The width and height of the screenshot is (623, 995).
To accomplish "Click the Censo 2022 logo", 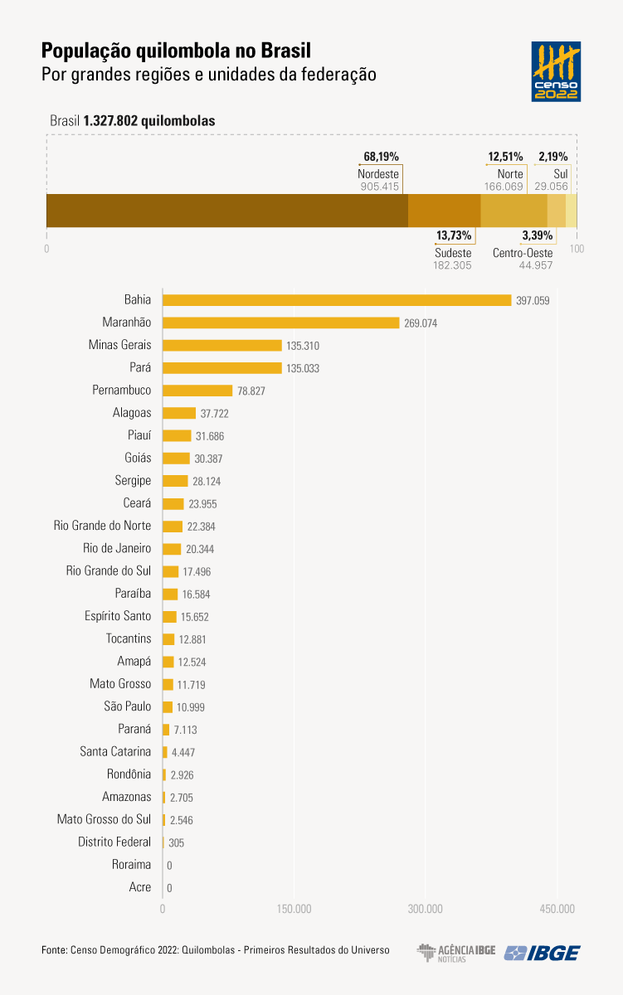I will click(556, 71).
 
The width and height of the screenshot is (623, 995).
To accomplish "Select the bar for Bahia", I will click(337, 300).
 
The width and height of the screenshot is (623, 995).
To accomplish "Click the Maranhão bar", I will click(281, 323).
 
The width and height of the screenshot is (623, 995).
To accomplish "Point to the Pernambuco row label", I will click(122, 391).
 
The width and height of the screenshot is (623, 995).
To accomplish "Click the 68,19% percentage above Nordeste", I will click(382, 156).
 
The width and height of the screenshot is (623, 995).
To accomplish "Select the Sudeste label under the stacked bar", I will click(453, 253).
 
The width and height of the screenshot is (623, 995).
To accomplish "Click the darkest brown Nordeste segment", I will click(227, 211).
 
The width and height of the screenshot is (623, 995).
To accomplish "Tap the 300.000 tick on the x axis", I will click(426, 909).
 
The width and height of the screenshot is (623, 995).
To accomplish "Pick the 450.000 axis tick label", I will click(557, 909).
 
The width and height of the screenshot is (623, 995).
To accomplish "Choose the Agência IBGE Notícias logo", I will click(456, 954).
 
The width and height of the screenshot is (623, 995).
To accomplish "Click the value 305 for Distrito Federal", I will click(176, 842).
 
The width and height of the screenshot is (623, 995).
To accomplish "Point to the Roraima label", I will click(132, 865).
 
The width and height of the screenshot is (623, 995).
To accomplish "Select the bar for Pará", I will click(222, 368).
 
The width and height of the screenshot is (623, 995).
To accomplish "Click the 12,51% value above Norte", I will click(505, 156).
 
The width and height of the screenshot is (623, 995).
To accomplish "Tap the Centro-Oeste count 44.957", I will click(536, 265).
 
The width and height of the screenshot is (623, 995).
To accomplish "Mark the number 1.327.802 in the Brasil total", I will click(110, 121).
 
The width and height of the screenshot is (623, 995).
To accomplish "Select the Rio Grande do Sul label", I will click(109, 570).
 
